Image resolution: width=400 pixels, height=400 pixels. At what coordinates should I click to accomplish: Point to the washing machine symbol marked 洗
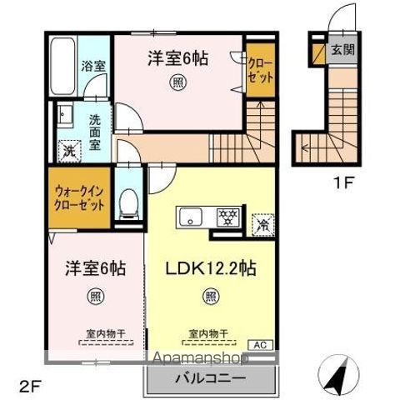point(67,152)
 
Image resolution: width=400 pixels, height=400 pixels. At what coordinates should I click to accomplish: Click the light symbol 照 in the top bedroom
point(177,82)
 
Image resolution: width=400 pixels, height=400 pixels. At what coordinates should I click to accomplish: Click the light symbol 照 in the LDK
point(211,295)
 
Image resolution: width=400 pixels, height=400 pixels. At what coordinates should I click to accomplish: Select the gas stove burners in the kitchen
point(227,219)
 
